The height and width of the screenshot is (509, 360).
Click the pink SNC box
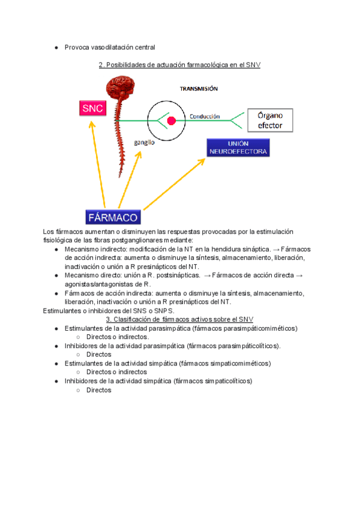click(x=93, y=109)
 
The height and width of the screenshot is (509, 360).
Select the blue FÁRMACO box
click(x=113, y=217)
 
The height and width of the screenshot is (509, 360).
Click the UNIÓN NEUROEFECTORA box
click(x=238, y=148)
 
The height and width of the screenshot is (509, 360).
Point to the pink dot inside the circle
click(x=171, y=121)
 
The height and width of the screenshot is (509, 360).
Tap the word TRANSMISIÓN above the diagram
click(x=199, y=88)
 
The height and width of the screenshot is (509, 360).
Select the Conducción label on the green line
click(x=205, y=116)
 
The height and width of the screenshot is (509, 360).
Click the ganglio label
click(x=144, y=143)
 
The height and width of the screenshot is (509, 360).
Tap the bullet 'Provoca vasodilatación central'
click(x=110, y=47)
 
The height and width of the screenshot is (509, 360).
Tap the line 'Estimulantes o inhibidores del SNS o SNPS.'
click(x=109, y=311)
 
